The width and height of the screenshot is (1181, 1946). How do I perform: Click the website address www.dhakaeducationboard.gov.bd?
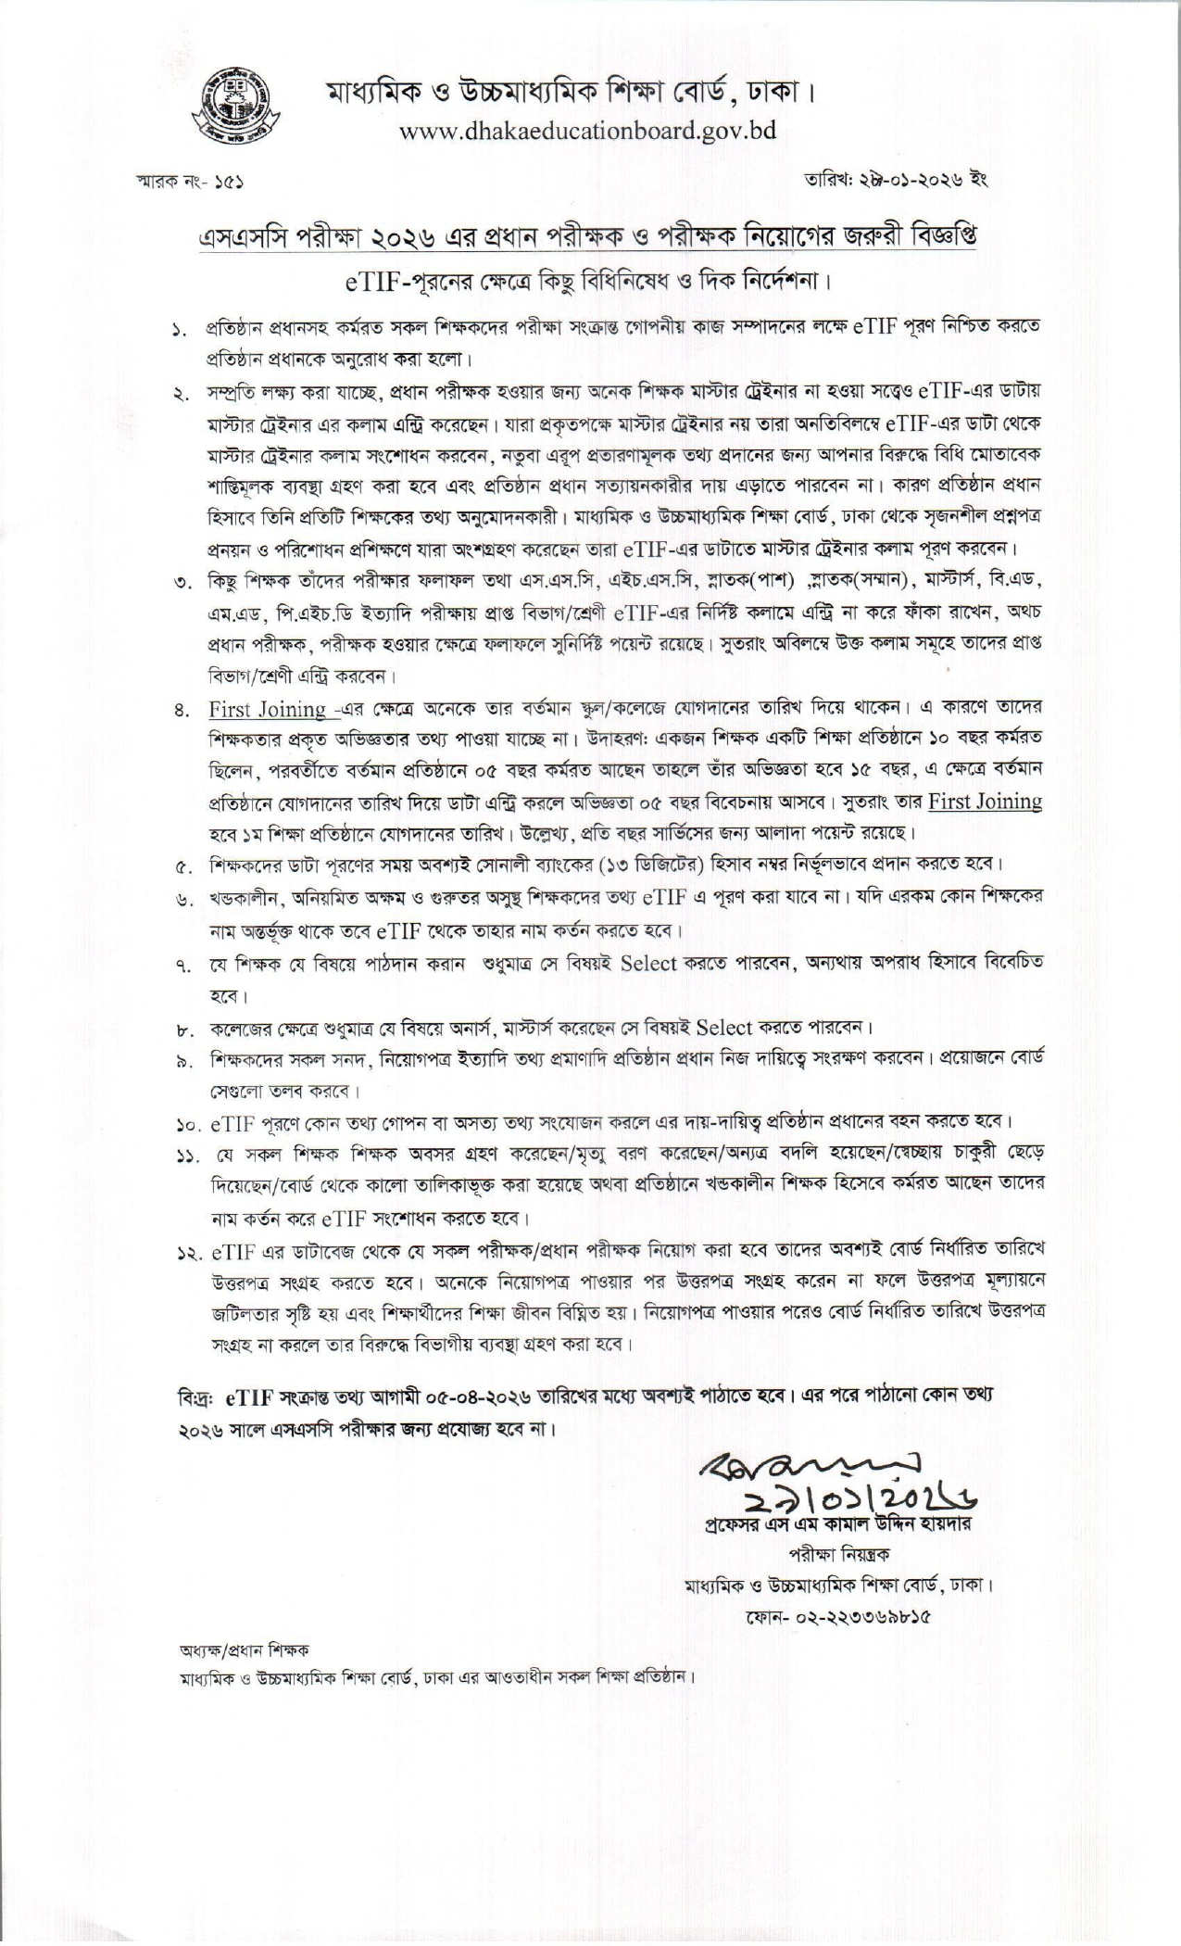click(587, 131)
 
